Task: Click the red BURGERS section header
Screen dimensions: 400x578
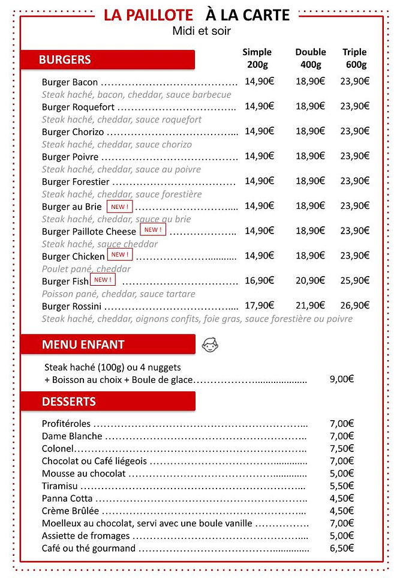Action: (x=107, y=59)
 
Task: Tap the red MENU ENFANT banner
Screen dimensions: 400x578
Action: (x=108, y=345)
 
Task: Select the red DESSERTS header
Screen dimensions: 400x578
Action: (x=108, y=401)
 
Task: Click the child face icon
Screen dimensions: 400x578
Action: (x=210, y=345)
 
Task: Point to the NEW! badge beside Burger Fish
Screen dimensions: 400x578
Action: (x=103, y=280)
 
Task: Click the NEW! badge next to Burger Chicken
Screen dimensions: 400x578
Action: (x=119, y=254)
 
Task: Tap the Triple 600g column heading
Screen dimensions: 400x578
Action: (x=354, y=58)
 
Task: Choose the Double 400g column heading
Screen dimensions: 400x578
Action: (x=311, y=58)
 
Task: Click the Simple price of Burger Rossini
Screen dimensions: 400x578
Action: (x=259, y=306)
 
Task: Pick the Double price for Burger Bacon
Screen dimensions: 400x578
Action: (x=311, y=81)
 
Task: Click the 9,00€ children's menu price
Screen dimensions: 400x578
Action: (x=342, y=379)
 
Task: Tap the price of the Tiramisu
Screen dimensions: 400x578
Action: (x=342, y=486)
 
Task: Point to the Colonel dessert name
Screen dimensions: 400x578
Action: (x=58, y=448)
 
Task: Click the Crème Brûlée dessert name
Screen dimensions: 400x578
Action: (x=70, y=511)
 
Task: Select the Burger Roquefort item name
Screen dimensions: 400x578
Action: (x=78, y=107)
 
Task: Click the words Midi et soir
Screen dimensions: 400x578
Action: (x=201, y=31)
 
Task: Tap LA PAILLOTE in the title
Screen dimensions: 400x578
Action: (x=148, y=15)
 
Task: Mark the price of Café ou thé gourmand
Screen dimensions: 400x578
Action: (x=342, y=548)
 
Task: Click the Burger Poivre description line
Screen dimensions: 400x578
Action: (x=121, y=169)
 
